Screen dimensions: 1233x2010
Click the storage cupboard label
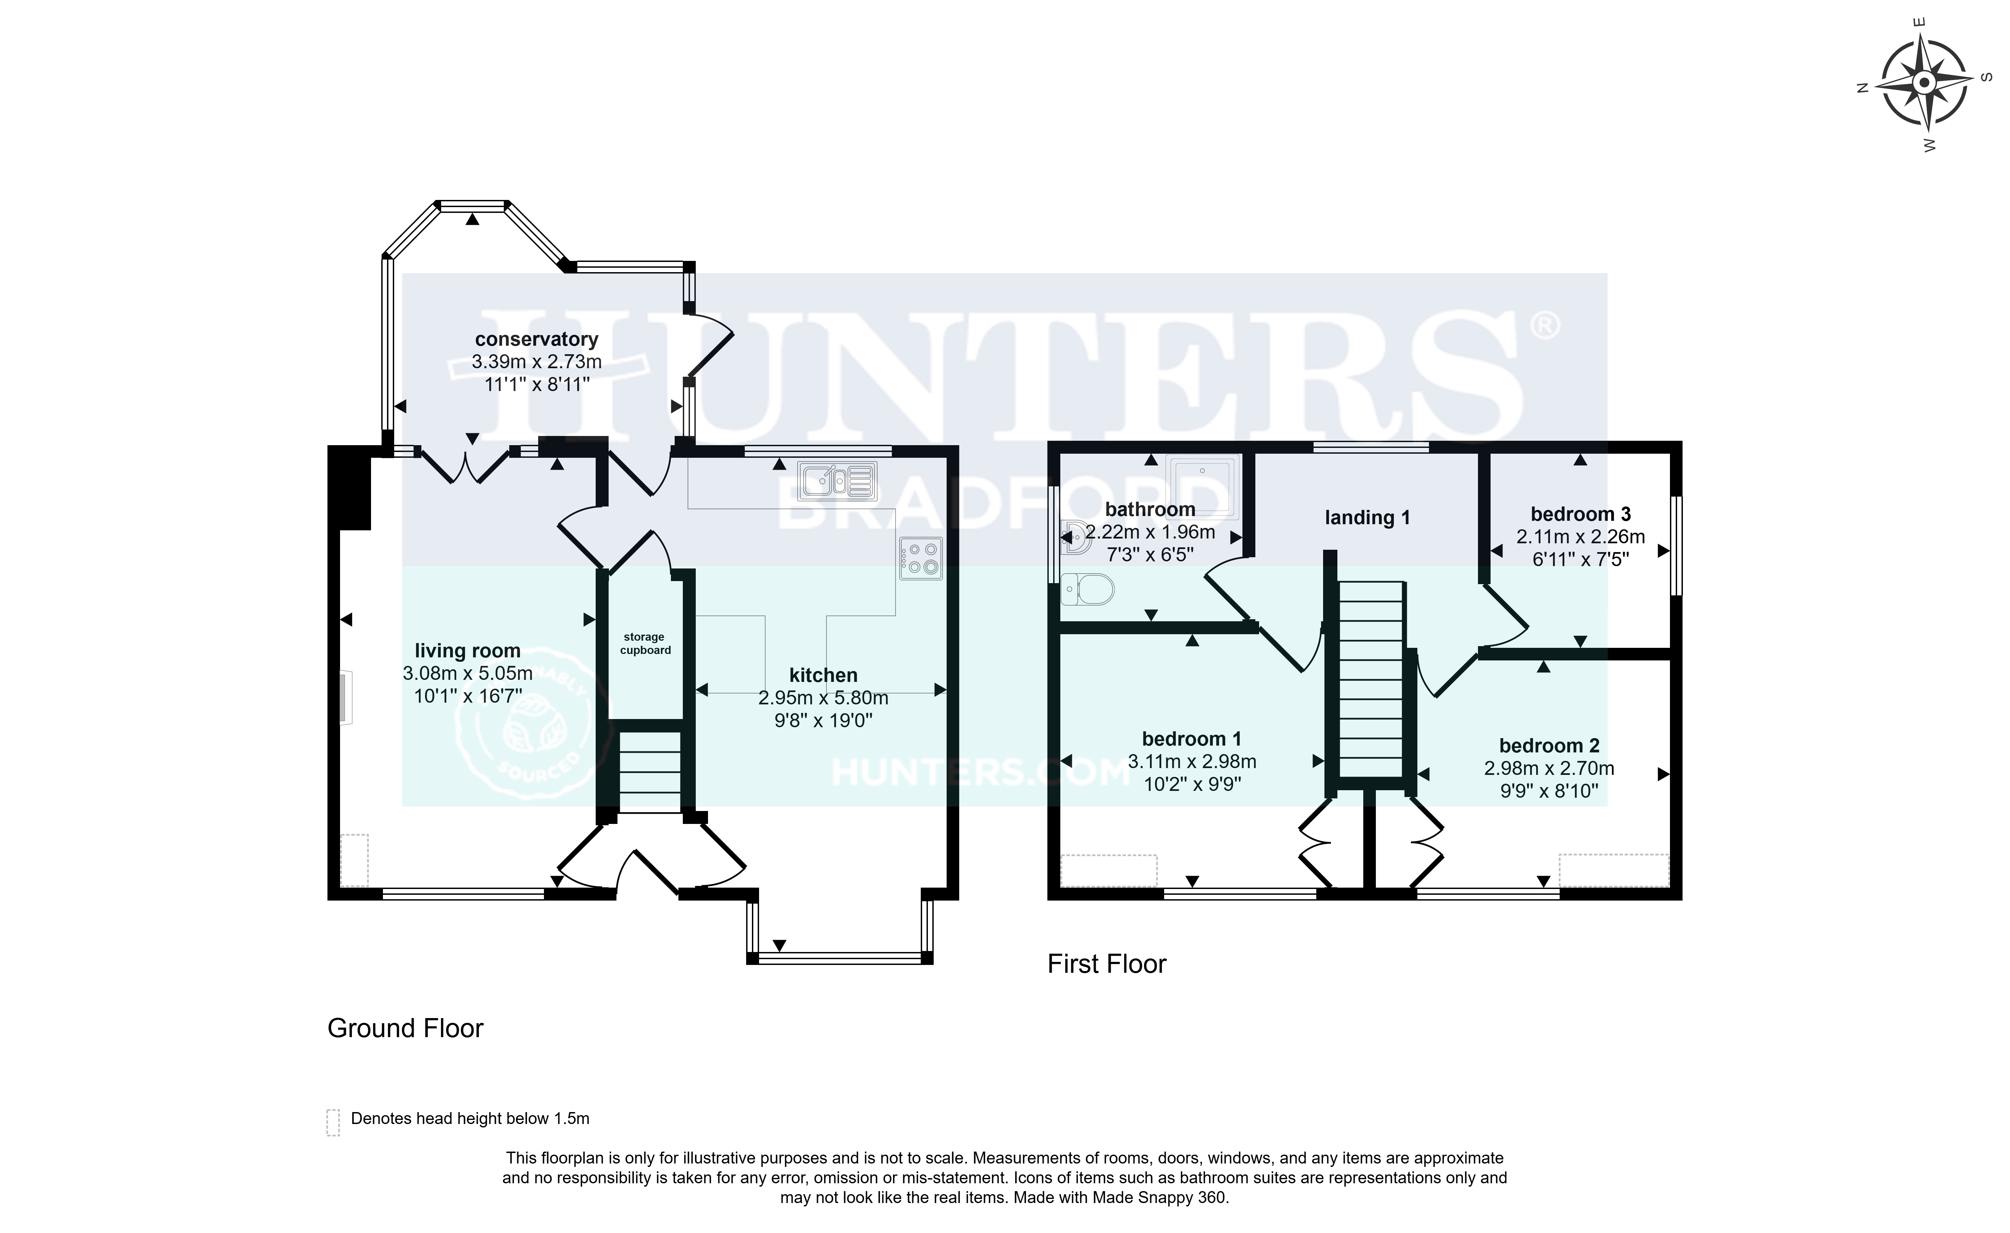pyautogui.click(x=644, y=644)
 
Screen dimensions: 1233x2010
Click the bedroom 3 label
pyautogui.click(x=1580, y=514)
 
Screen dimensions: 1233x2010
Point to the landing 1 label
pyautogui.click(x=1366, y=517)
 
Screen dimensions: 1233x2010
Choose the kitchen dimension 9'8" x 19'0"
pyautogui.click(x=823, y=720)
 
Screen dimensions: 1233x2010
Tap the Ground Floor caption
pyautogui.click(x=405, y=1028)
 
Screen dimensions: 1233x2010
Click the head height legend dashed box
pyautogui.click(x=333, y=1122)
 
